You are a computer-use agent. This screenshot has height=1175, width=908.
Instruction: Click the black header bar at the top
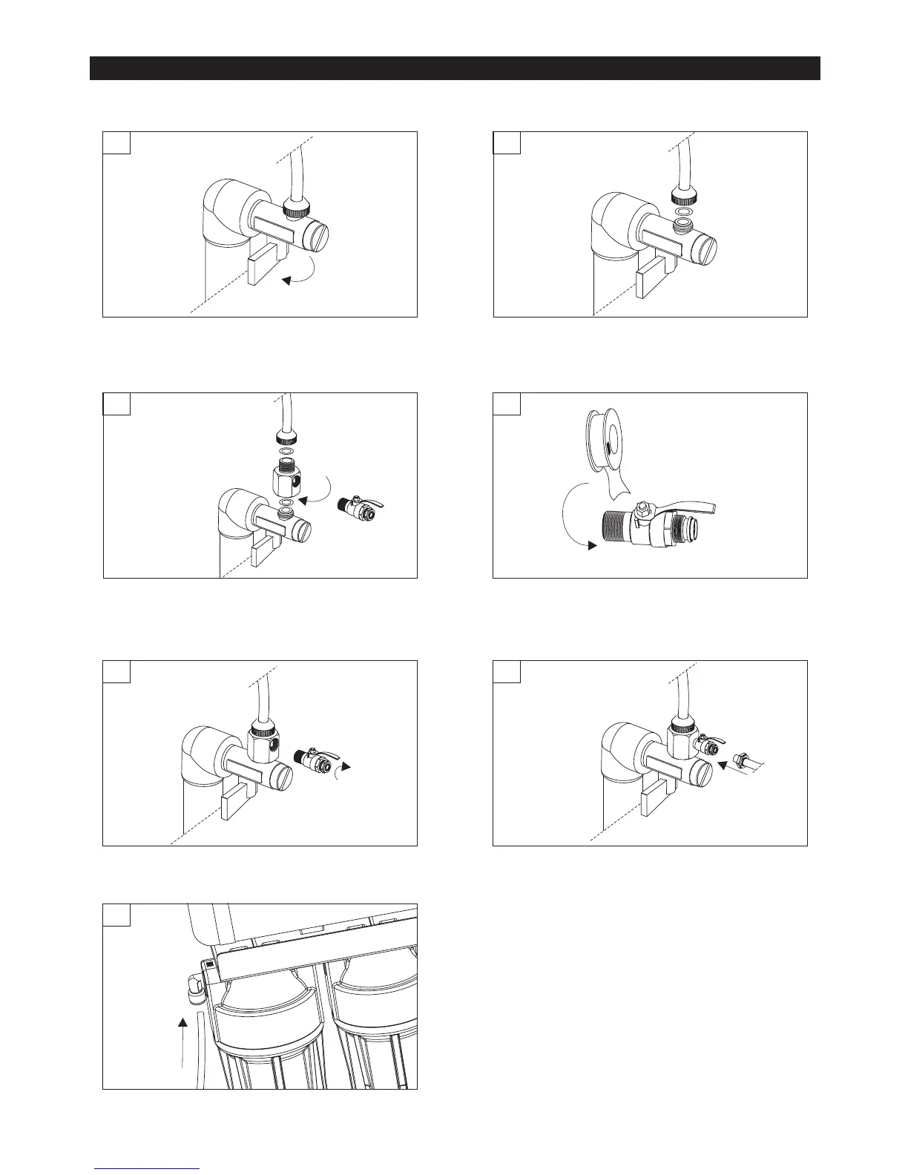[455, 68]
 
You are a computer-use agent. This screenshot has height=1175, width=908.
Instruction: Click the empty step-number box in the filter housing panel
[116, 915]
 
